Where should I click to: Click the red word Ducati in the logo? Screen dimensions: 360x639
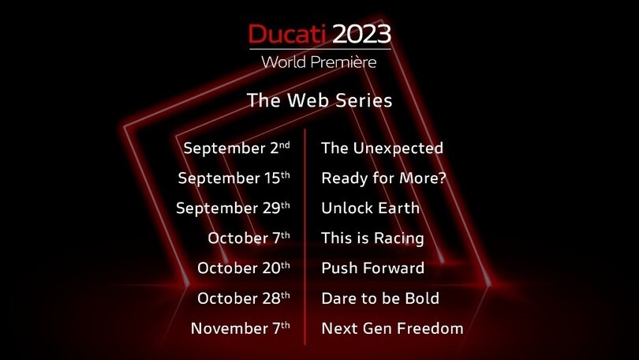(287, 34)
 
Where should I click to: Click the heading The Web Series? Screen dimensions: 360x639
(319, 100)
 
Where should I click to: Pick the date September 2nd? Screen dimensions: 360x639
(237, 148)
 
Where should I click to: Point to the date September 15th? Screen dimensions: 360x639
(234, 178)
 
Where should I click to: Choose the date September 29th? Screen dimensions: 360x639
(234, 208)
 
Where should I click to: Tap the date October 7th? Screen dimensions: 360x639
(249, 238)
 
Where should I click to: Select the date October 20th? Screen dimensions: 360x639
(244, 268)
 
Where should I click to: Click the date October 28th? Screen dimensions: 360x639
(244, 298)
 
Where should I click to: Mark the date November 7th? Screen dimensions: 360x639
(241, 328)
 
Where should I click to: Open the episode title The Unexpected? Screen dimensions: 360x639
(382, 148)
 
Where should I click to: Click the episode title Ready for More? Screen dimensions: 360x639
(384, 178)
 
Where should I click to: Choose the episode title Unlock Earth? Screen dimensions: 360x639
(370, 208)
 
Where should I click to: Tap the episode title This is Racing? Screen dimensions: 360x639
(372, 238)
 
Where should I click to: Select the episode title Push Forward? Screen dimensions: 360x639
(372, 268)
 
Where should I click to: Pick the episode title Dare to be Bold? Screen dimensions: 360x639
(380, 298)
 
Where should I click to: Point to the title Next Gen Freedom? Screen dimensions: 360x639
(392, 328)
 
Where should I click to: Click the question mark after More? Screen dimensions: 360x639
(443, 178)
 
